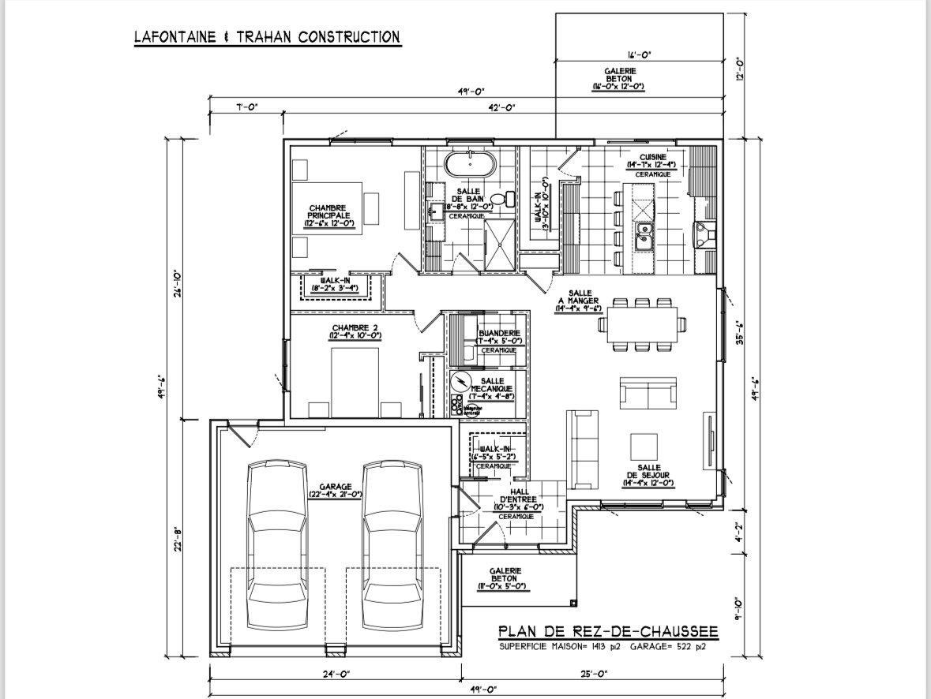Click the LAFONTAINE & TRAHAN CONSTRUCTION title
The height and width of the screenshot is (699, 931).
point(266,37)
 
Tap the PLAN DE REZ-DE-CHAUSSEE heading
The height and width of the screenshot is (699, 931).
point(608,631)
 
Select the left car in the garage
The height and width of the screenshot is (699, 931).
point(277,544)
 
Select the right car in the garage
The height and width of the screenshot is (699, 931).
point(392,544)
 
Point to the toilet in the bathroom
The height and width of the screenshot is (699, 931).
point(500,200)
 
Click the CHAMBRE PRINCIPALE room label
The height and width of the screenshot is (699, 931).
point(328,215)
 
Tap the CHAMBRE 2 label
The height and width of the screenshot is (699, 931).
point(356,331)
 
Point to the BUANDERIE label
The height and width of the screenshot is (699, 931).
point(498,337)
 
